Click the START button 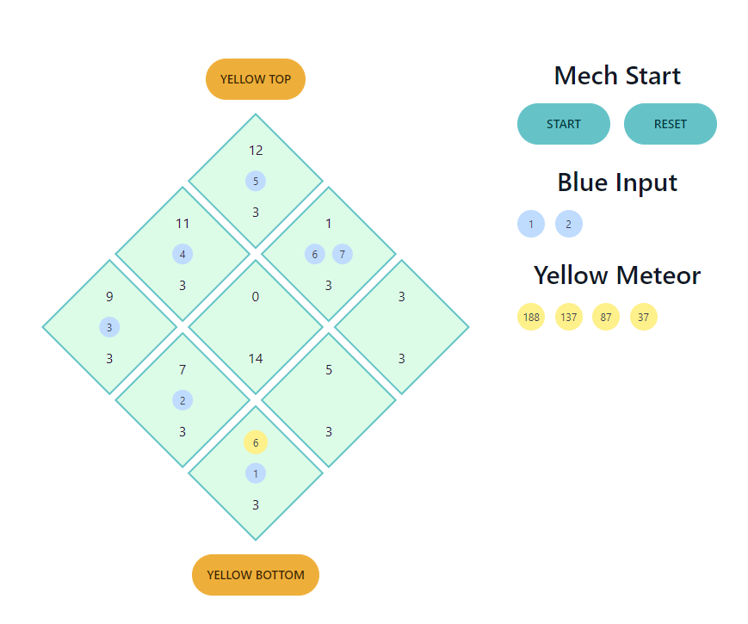[563, 124]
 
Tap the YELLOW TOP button [256, 79]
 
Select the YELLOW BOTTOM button [256, 575]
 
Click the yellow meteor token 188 [531, 317]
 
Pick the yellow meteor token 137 [568, 317]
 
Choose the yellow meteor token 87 [606, 317]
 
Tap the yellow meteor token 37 [644, 317]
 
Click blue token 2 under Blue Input [568, 224]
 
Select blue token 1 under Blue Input [531, 224]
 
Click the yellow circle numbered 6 [256, 442]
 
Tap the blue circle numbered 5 [256, 181]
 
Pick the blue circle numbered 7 [343, 254]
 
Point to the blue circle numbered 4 [182, 254]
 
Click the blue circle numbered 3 [109, 327]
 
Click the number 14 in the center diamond [256, 358]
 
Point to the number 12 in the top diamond [256, 150]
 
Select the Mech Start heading [617, 76]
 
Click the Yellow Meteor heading [617, 275]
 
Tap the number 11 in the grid [182, 223]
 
